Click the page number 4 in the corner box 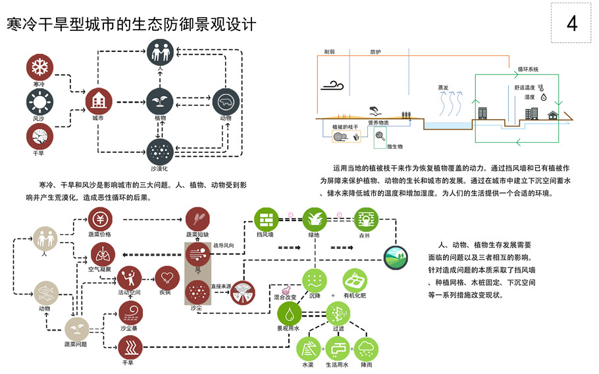pyautogui.click(x=571, y=24)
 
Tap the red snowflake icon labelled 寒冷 pyautogui.click(x=39, y=67)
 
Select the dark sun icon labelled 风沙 pyautogui.click(x=39, y=101)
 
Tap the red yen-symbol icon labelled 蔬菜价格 pyautogui.click(x=103, y=219)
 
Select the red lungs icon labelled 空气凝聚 pyautogui.click(x=103, y=254)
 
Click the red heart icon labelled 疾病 pyautogui.click(x=167, y=277)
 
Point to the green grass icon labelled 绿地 pyautogui.click(x=315, y=219)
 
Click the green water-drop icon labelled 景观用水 pyautogui.click(x=289, y=313)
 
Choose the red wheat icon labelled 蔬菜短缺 pyautogui.click(x=197, y=219)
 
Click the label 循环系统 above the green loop pyautogui.click(x=527, y=69)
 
